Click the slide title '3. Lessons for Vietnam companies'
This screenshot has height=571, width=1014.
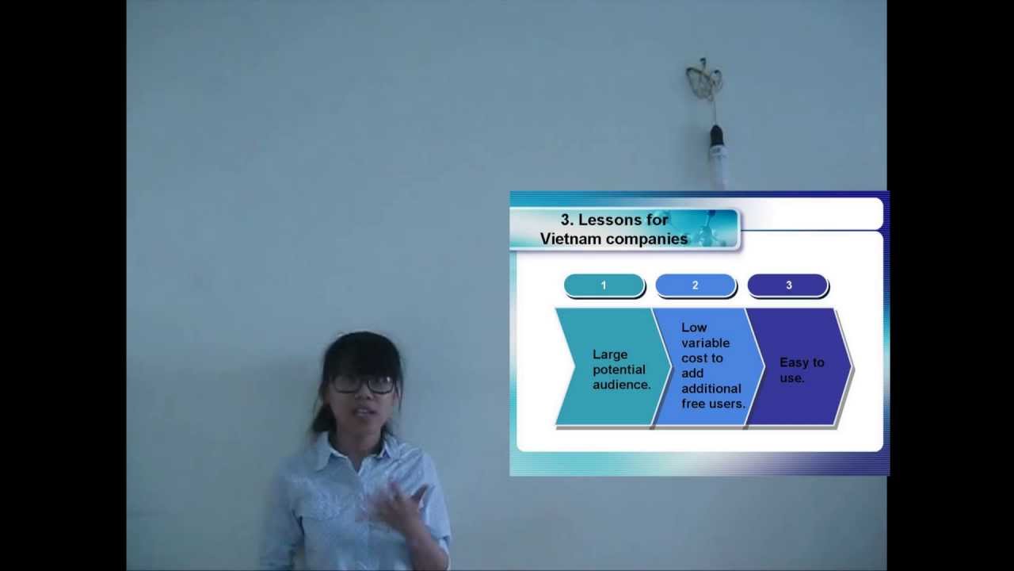(x=614, y=229)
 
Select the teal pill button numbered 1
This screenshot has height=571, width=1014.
(x=604, y=285)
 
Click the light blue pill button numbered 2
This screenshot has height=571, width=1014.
(x=696, y=285)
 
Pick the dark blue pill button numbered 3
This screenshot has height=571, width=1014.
(x=787, y=285)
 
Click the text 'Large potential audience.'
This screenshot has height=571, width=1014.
(x=621, y=370)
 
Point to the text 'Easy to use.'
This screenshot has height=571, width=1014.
(x=802, y=370)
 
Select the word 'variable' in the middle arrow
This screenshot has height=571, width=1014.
(x=705, y=343)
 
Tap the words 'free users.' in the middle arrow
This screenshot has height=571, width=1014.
(x=713, y=404)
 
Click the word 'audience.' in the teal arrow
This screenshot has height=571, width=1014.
(x=621, y=385)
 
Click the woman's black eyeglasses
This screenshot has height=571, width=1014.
(x=363, y=384)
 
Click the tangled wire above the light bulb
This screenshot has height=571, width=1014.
(x=704, y=80)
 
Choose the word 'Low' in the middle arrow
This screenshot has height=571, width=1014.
(x=693, y=328)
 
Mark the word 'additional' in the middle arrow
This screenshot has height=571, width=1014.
(x=711, y=389)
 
